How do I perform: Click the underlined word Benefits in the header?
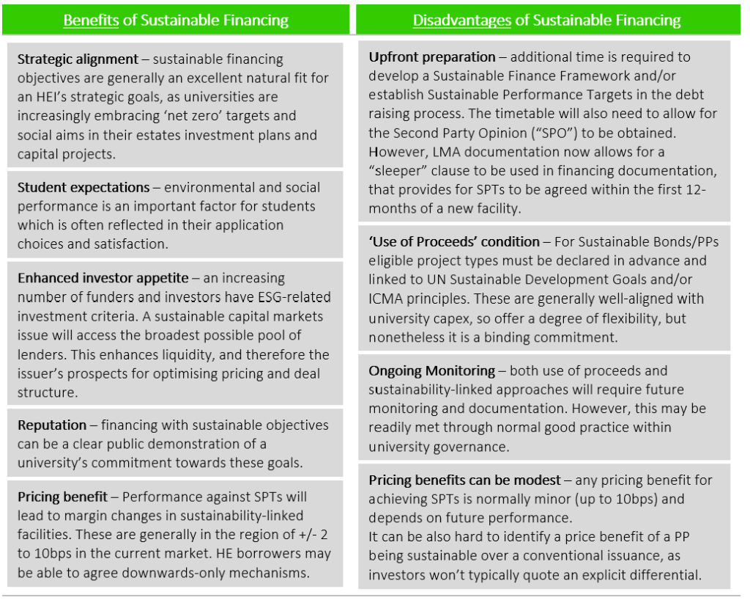point(91,20)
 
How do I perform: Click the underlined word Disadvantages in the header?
point(461,20)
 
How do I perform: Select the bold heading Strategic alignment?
point(78,59)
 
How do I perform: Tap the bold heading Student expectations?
point(83,187)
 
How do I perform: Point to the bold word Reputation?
point(52,425)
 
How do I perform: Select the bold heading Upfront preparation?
point(432,56)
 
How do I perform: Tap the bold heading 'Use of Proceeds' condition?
point(454,241)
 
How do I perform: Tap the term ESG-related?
point(292,297)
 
